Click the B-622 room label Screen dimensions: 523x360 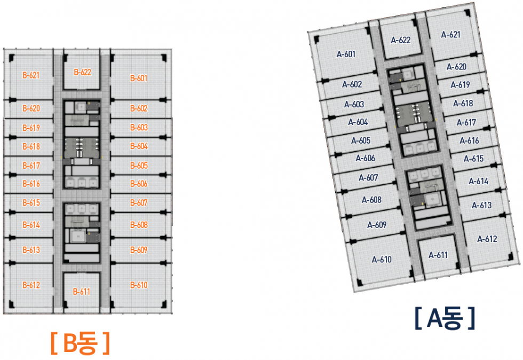point(82,72)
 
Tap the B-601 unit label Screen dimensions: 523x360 point(139,78)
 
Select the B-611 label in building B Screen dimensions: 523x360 point(82,292)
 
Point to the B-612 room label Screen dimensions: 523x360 point(31,285)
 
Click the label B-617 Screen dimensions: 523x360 point(31,165)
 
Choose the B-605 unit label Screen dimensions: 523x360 point(139,165)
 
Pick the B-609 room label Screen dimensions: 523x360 point(139,250)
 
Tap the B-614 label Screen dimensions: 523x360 point(31,225)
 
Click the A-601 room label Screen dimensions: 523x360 point(346,54)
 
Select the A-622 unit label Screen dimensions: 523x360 point(401,40)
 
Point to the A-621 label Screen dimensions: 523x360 point(450,34)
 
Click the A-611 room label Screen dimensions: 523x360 point(438,255)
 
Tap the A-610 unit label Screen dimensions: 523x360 point(382,259)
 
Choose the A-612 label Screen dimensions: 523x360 point(487,239)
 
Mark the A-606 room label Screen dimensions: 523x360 point(365,158)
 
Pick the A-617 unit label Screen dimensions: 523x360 point(466,122)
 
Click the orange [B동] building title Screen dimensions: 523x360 point(80,343)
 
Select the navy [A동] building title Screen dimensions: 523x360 point(445,318)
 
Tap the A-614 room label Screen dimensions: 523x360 point(479,181)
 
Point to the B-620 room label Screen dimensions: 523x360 point(31,108)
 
